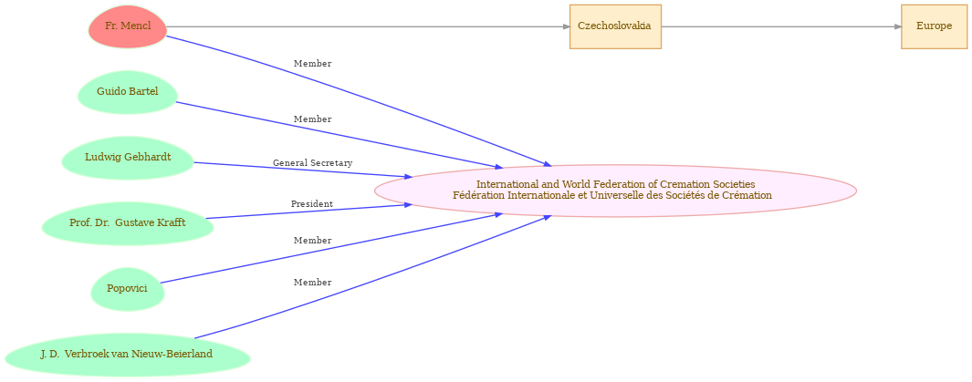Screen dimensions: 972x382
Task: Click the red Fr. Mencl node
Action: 128,26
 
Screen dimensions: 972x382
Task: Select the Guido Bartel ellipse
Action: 128,92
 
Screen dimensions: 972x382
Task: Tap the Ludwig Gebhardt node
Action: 128,157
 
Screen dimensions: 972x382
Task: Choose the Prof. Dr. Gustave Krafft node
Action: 128,222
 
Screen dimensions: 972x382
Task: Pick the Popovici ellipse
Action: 128,288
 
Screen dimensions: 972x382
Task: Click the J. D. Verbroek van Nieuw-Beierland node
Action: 127,355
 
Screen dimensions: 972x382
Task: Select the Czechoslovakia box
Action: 615,26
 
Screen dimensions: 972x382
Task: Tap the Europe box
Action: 935,26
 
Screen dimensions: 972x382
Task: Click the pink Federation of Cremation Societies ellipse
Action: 615,190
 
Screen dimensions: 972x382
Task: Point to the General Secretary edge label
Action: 312,163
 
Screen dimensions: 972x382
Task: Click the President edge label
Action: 312,203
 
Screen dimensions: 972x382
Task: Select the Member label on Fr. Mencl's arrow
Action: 312,64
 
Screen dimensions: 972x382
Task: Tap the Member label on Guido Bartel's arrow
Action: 312,119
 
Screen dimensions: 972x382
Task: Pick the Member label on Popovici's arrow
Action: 312,240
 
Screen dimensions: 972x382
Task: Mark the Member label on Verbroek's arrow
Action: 312,283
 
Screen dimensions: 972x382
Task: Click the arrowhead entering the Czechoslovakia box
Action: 566,26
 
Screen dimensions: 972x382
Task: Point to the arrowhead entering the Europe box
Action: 897,26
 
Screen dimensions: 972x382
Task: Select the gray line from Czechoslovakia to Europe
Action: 781,26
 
